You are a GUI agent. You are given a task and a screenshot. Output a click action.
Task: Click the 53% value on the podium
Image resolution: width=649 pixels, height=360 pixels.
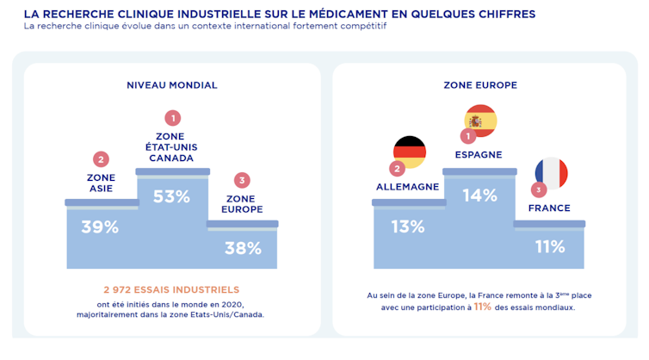[171, 196]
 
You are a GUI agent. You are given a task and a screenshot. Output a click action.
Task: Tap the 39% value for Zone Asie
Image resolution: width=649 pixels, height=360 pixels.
[100, 227]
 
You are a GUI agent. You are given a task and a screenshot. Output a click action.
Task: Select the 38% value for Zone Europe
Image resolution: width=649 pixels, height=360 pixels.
[243, 248]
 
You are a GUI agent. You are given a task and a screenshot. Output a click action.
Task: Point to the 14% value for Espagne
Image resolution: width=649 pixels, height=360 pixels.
[479, 196]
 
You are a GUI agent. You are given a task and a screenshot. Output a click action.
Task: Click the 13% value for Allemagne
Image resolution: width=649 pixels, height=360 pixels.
[407, 227]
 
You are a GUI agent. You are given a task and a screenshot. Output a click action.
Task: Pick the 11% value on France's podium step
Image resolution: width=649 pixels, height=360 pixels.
[549, 247]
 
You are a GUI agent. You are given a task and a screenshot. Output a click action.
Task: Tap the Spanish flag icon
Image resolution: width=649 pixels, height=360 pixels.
[480, 121]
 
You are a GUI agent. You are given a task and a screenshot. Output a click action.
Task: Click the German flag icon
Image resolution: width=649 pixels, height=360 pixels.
[410, 152]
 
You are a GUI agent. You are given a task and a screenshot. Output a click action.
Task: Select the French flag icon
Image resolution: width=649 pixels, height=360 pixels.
[551, 172]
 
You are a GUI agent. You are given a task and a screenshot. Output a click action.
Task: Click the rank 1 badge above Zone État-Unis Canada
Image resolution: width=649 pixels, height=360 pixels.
[172, 117]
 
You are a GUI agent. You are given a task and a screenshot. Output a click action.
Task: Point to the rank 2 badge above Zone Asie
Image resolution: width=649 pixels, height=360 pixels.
[101, 159]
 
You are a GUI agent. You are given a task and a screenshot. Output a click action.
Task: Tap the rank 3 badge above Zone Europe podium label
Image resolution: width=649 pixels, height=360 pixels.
[243, 180]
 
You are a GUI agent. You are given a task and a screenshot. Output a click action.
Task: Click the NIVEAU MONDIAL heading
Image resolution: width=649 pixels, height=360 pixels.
[172, 85]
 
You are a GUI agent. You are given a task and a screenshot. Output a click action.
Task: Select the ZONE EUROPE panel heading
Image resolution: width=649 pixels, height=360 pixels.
[479, 85]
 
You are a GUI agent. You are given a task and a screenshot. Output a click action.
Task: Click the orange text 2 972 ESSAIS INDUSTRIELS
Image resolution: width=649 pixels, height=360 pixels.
[171, 289]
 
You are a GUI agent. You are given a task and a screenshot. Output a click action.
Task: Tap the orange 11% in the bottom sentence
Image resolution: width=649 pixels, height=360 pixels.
[483, 307]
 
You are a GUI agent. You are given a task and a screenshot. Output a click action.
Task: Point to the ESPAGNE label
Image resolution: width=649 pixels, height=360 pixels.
[479, 155]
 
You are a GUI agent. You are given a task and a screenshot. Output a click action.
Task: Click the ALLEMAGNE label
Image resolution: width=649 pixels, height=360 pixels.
[408, 187]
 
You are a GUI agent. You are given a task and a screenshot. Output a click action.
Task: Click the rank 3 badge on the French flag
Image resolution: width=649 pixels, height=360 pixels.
[539, 189]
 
